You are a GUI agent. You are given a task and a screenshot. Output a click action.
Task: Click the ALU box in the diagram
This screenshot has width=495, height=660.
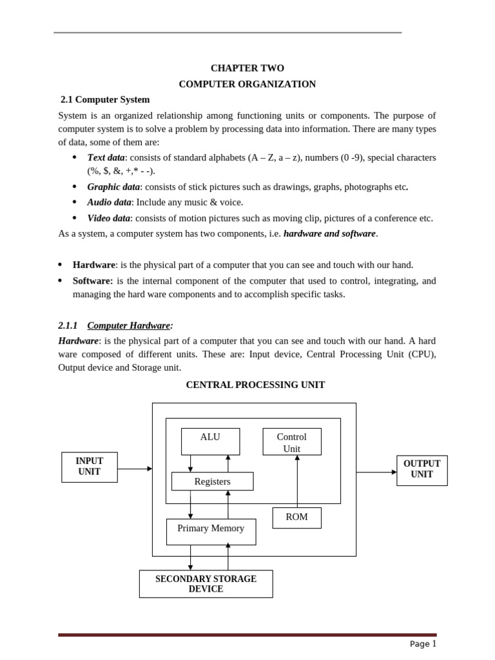[x=210, y=441]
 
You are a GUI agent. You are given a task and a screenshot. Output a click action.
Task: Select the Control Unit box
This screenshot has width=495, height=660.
[x=291, y=442]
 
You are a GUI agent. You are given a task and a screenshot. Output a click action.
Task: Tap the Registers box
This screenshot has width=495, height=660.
[x=212, y=481]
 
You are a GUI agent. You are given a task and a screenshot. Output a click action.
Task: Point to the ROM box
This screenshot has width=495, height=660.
[x=296, y=518]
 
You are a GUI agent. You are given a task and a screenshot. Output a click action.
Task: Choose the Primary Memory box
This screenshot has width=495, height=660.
[x=211, y=531]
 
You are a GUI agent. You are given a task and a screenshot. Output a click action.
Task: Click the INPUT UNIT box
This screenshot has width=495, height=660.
[x=89, y=467]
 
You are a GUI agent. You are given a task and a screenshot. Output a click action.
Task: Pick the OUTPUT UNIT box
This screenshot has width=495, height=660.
[x=422, y=470]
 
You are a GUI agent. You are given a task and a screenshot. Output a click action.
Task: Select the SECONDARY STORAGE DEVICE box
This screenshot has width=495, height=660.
[x=206, y=583]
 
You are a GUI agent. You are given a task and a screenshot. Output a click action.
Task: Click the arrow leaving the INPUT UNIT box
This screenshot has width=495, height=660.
[x=135, y=469]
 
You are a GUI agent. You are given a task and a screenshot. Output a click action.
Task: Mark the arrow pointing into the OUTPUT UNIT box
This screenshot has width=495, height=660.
[x=376, y=472]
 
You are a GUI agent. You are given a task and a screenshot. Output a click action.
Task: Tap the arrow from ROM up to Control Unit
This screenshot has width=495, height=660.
[x=297, y=481]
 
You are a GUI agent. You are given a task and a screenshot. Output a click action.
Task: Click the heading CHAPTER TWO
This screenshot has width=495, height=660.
[x=247, y=68]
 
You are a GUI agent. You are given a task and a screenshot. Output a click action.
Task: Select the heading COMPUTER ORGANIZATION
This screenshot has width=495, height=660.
[x=247, y=84]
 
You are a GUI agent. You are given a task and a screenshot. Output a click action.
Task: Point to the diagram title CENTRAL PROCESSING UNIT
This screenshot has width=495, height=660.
[x=255, y=385]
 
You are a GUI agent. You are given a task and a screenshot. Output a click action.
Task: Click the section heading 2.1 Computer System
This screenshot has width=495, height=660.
[x=105, y=99]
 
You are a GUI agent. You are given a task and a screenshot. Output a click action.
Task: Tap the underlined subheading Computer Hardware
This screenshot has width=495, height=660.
[x=129, y=325]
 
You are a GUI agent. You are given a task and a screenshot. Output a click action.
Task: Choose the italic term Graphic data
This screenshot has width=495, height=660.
[x=113, y=187]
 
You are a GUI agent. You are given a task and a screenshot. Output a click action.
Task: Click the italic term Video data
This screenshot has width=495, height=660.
[x=108, y=218]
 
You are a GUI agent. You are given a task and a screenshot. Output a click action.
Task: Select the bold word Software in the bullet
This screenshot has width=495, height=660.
[x=92, y=280]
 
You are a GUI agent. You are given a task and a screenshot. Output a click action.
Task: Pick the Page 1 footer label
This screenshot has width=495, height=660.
[x=423, y=643]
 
